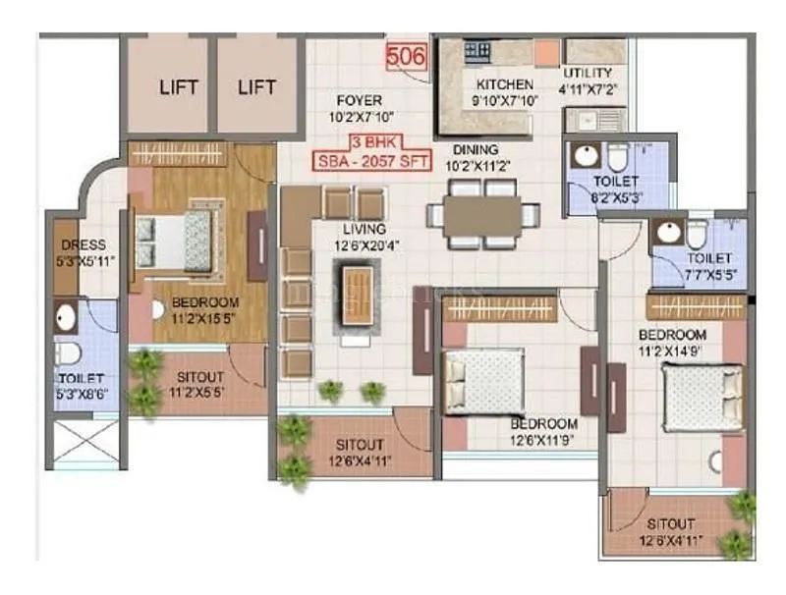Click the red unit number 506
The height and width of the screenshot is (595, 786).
[406, 57]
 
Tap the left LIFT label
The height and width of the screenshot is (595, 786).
[178, 87]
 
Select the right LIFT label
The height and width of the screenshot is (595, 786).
[256, 87]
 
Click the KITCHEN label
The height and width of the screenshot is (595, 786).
[505, 84]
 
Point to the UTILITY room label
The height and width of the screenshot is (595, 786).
[588, 74]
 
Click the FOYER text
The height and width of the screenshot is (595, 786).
[358, 100]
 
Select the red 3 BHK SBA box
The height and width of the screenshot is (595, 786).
[372, 152]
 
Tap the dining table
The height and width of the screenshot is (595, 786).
[481, 217]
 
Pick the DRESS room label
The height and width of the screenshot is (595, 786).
[83, 244]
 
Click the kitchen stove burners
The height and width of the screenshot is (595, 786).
[477, 48]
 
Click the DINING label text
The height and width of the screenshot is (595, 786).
[474, 150]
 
